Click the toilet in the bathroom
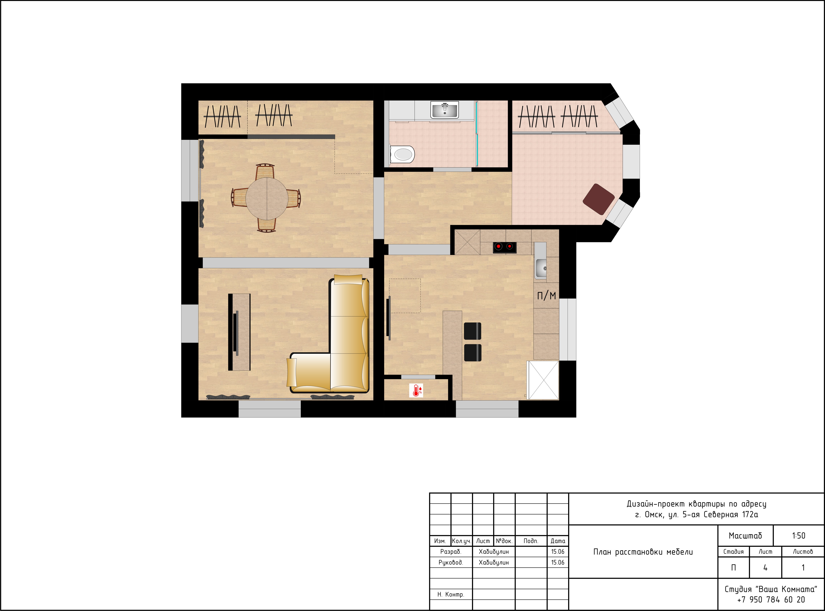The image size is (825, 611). point(402,154)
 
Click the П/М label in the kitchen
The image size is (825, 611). point(546,296)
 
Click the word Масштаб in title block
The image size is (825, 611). point(745,535)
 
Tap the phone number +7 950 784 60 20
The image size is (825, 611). point(771,600)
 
